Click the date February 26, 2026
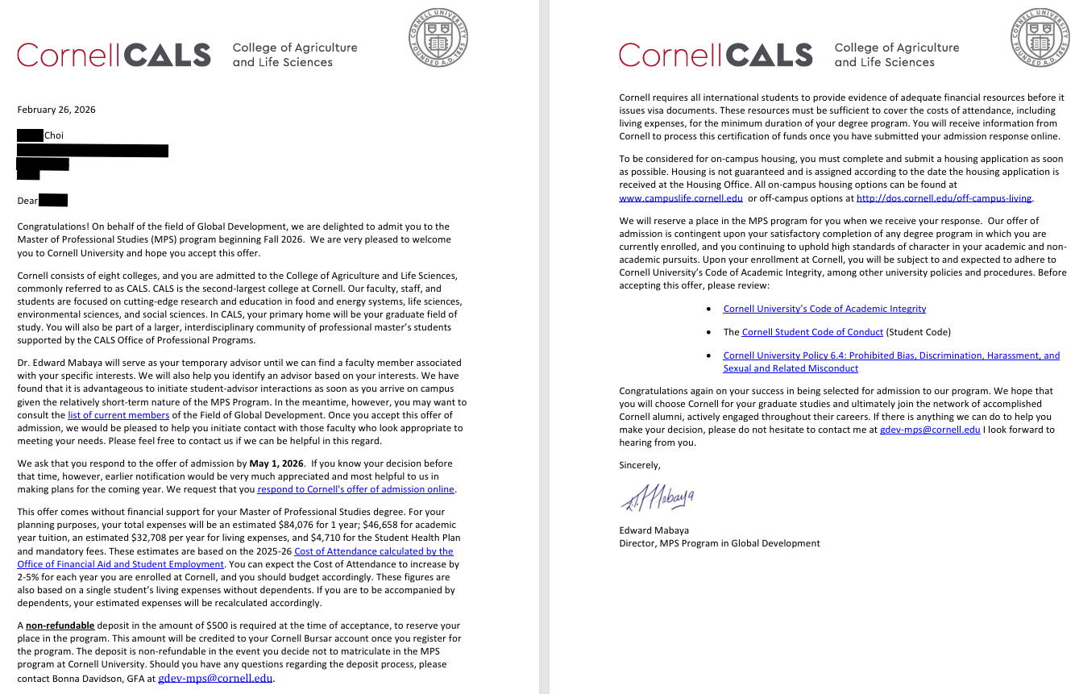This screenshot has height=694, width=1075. click(x=56, y=110)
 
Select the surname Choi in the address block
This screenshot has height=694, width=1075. click(x=54, y=135)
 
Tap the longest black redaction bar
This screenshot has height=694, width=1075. click(x=93, y=151)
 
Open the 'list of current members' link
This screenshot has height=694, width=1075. click(x=118, y=416)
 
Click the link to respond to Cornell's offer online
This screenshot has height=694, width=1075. click(x=356, y=489)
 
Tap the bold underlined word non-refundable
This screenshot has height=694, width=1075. click(x=60, y=625)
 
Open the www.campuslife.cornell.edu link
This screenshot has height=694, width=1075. click(x=681, y=198)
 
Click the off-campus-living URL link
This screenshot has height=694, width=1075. click(x=944, y=198)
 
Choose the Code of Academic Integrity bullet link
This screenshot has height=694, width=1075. click(x=824, y=309)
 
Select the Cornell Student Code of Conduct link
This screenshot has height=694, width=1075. click(x=812, y=332)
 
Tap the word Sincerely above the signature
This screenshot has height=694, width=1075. click(x=640, y=465)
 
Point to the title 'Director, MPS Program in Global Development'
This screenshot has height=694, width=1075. click(x=720, y=543)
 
